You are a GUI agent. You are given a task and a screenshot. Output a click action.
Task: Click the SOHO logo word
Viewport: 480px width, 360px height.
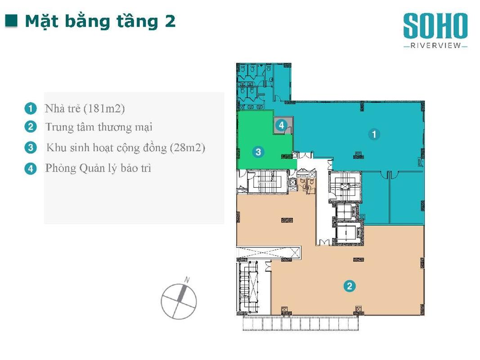point(435,26)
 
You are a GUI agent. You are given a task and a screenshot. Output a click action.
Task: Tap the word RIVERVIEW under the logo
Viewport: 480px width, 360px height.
point(435,45)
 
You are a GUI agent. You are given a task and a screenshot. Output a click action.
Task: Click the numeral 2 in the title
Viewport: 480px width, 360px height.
point(170,21)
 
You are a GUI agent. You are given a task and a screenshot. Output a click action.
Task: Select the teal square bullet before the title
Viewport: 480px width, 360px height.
point(11,21)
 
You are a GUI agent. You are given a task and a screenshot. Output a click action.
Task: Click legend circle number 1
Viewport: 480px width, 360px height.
point(31,108)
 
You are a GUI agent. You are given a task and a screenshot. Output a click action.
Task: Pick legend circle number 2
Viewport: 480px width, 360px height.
point(31,127)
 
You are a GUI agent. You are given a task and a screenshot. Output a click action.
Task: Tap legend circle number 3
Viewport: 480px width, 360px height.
point(31,148)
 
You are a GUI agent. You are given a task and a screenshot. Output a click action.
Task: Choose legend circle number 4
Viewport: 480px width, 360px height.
point(31,168)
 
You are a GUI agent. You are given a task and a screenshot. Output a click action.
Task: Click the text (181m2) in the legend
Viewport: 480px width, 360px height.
point(104,108)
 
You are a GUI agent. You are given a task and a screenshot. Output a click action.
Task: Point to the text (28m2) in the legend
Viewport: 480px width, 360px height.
point(188,148)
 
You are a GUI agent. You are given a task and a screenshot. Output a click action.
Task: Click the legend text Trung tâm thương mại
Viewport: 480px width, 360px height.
point(99,127)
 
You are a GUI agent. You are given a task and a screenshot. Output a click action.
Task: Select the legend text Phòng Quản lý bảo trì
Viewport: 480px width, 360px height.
point(98,168)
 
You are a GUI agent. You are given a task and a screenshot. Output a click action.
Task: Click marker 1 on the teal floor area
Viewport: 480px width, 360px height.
point(374,134)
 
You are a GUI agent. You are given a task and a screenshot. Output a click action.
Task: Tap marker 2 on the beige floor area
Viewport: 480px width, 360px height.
point(350,286)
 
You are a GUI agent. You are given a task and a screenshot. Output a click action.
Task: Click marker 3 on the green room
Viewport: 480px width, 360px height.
point(258,152)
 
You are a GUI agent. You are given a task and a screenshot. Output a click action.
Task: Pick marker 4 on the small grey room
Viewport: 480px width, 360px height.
point(281,125)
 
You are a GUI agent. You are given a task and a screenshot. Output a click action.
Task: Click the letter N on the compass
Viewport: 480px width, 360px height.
point(187,280)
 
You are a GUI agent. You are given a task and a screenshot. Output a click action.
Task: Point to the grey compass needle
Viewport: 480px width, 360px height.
point(181,293)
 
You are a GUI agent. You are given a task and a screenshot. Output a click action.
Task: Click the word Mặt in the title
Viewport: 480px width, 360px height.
point(42,22)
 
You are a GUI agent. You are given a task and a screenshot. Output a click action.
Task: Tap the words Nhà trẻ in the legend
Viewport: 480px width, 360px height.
point(63,108)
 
